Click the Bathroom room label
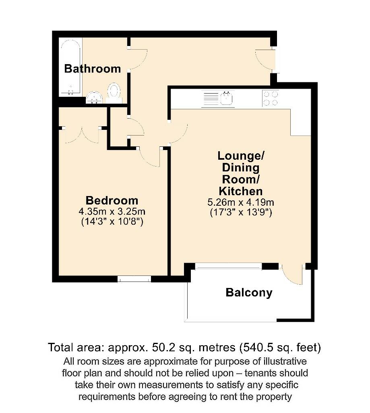click(92, 69)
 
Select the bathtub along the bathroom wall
click(70, 67)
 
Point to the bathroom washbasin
click(95, 97)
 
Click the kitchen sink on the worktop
click(227, 98)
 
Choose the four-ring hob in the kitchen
click(270, 98)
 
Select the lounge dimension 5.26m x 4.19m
click(241, 202)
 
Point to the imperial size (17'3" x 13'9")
click(241, 213)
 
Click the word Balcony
click(249, 292)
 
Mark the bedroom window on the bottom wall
click(134, 279)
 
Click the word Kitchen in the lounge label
click(240, 191)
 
